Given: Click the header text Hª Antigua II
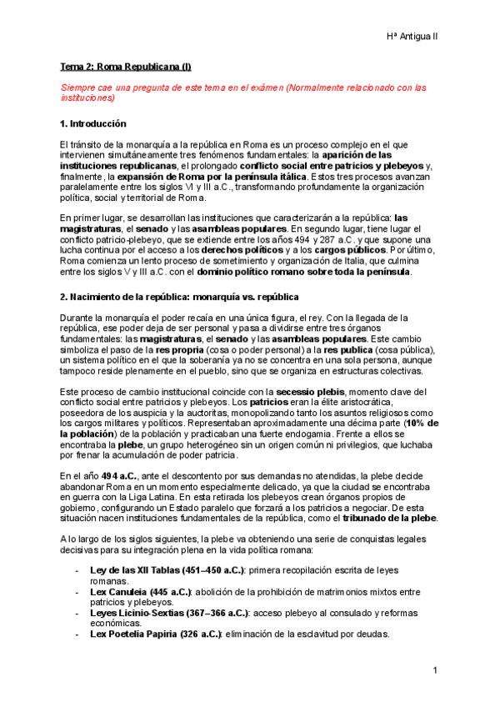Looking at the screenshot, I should [415, 38].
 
